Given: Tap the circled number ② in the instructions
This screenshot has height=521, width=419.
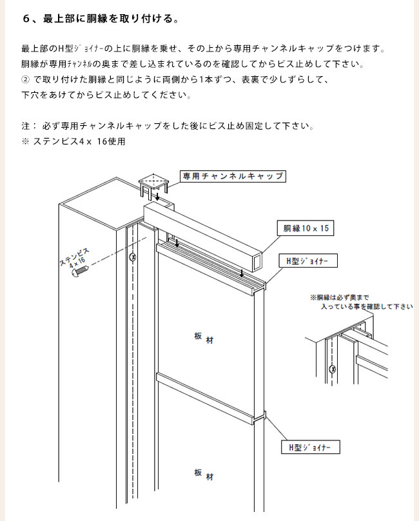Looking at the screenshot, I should pos(26,80).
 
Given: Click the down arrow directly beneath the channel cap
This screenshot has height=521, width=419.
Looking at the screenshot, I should pos(157,196).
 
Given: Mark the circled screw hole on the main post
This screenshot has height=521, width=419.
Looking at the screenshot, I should pos(133,257).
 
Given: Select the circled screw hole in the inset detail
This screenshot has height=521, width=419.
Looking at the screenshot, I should pos(332,369).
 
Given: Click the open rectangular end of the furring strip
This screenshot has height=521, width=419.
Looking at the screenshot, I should pos(257,260).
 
